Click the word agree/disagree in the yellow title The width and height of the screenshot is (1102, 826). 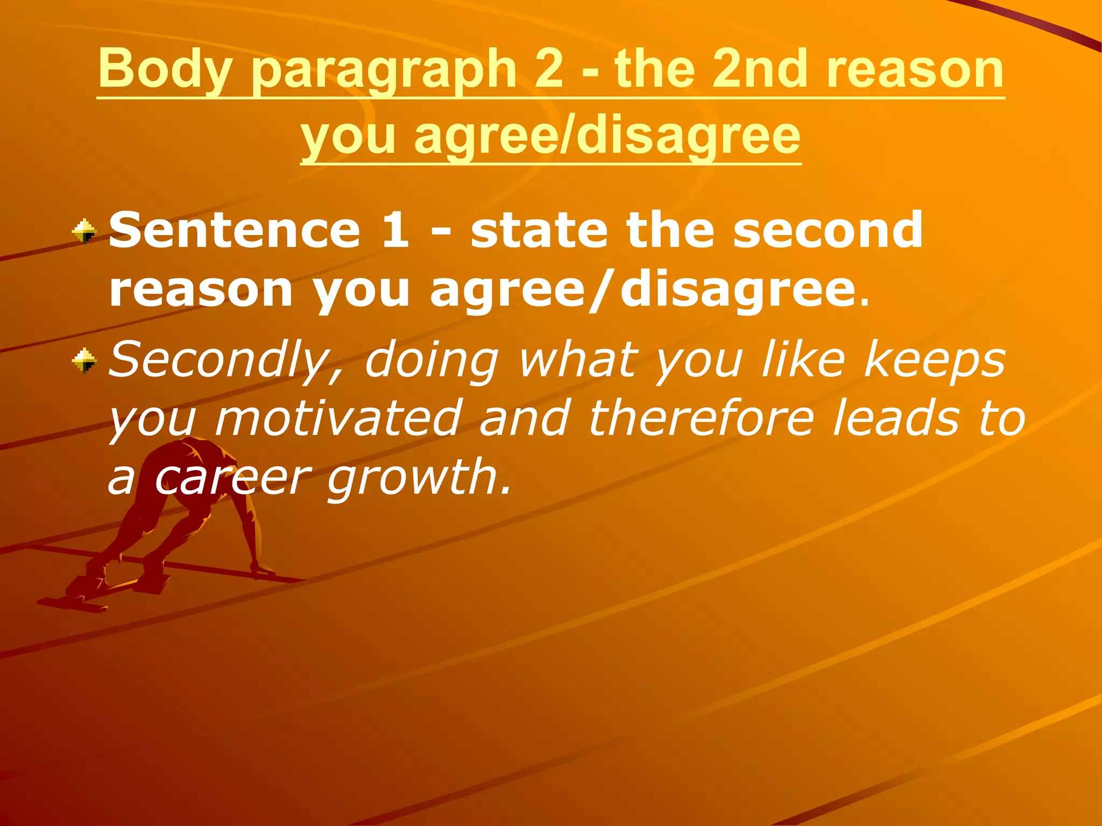(x=607, y=136)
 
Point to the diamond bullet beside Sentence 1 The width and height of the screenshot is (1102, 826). (x=84, y=232)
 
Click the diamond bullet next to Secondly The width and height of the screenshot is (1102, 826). (x=84, y=360)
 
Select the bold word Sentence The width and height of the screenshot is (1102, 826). (x=235, y=230)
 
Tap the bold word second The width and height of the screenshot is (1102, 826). (x=828, y=230)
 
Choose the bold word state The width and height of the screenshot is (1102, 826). (x=539, y=230)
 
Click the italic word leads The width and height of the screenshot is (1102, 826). (x=896, y=418)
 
